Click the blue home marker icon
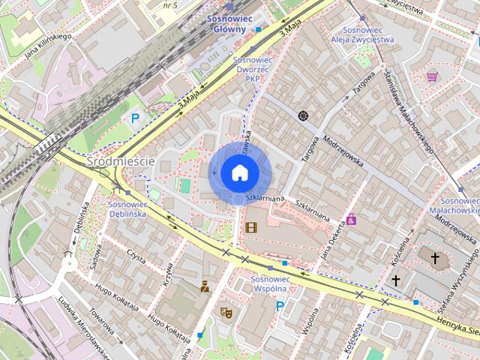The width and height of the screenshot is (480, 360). tap(239, 172)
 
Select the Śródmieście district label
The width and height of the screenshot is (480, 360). tap(121, 161)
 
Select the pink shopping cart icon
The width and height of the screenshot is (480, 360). tap(432, 76)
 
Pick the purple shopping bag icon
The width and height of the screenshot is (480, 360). tap(351, 220)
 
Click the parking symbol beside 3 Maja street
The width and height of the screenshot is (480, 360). tap(136, 118)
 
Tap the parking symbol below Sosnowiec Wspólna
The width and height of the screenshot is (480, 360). tap(280, 305)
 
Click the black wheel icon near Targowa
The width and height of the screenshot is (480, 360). tap(303, 115)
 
